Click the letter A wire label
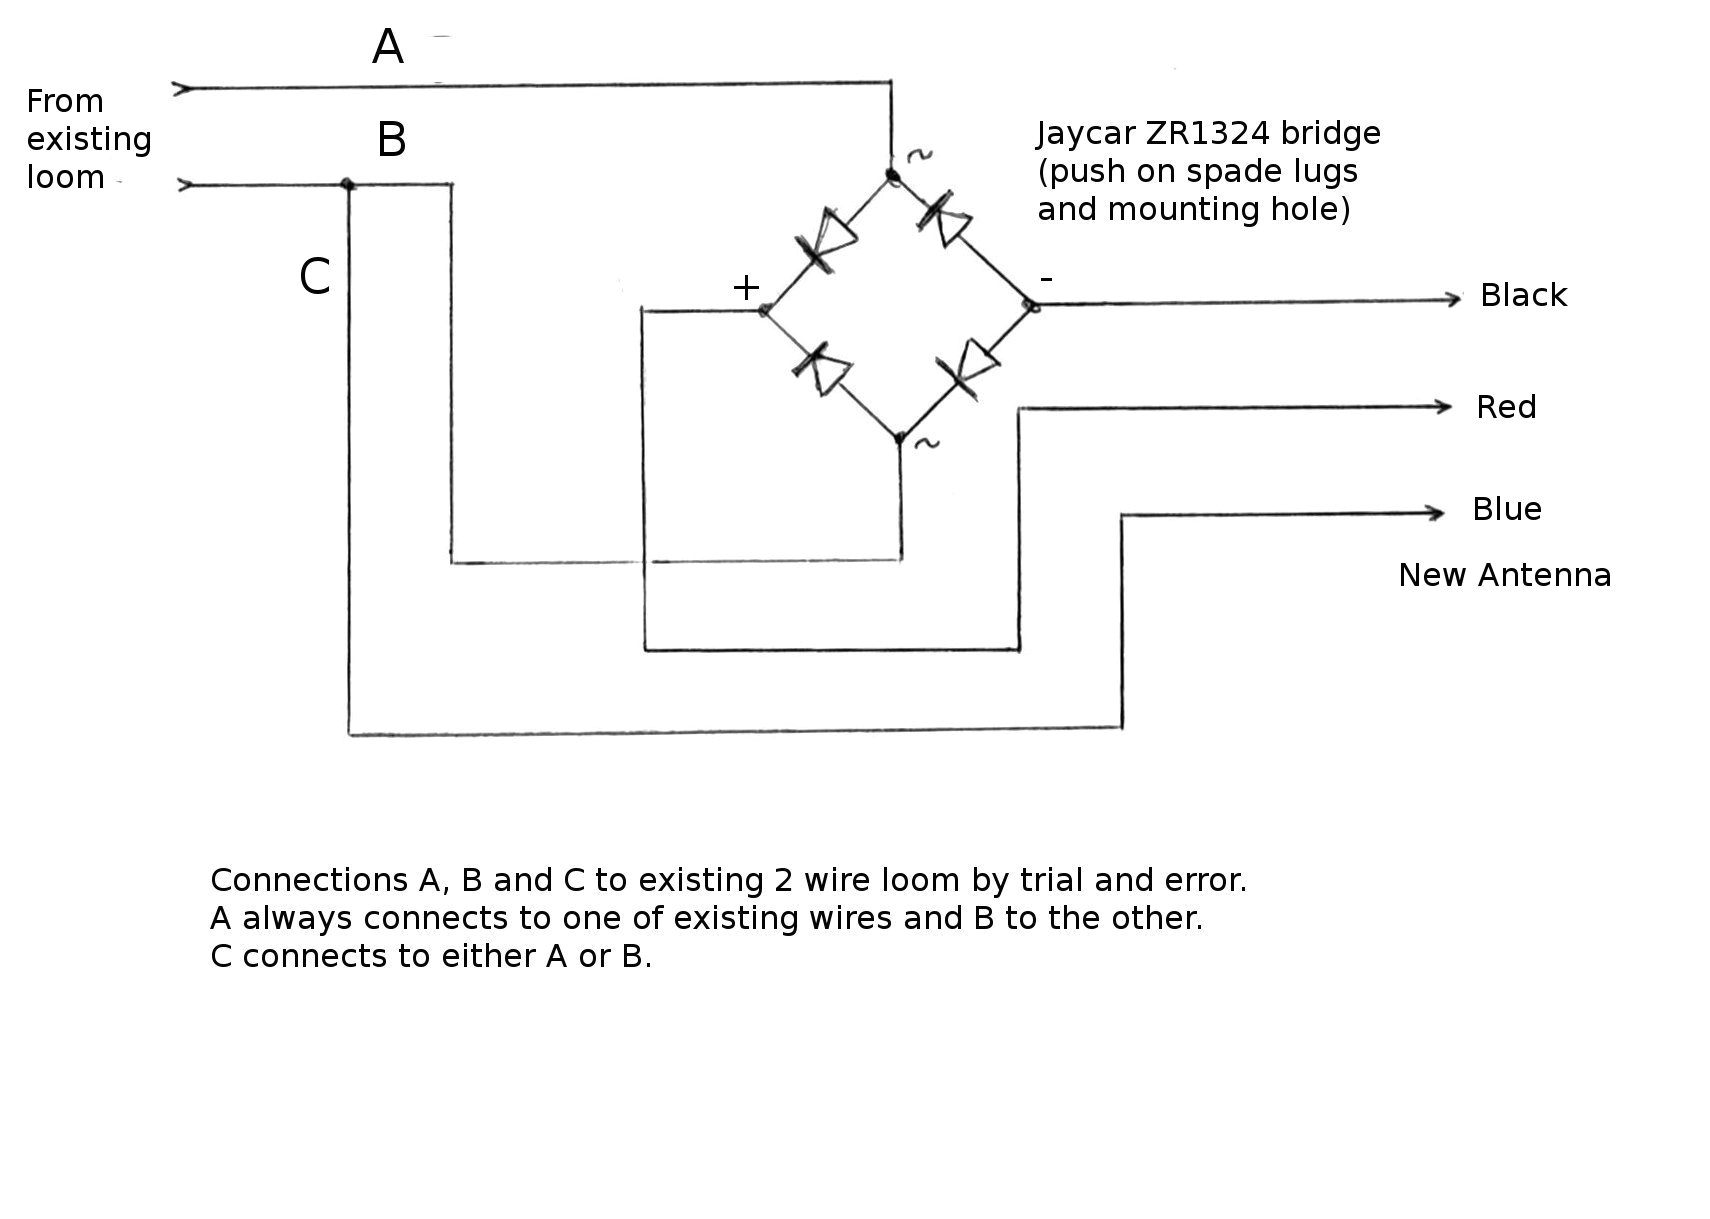click(387, 47)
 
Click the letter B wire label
click(391, 140)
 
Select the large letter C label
click(314, 277)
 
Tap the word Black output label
click(1522, 295)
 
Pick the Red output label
click(1505, 407)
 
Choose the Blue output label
click(1506, 509)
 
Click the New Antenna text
click(1503, 575)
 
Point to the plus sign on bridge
click(746, 288)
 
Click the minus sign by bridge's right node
click(1046, 279)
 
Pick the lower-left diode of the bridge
click(822, 369)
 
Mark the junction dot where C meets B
click(347, 184)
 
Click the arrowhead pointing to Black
click(1455, 299)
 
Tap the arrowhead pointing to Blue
click(1437, 512)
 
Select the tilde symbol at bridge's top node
click(918, 155)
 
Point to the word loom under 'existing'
click(65, 177)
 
